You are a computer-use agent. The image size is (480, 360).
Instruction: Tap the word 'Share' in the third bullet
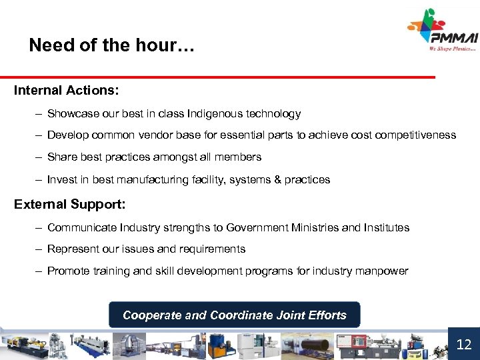coord(61,157)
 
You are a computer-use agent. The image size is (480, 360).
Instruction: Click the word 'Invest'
coord(61,179)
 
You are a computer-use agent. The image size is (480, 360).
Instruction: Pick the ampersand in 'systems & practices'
coord(277,179)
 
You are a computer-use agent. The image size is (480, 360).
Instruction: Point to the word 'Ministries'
coord(315,228)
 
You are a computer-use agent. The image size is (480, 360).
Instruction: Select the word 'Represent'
coord(72,249)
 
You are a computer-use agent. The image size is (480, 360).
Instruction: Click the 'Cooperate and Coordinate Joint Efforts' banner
coord(234,315)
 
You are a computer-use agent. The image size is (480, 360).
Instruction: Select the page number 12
coord(463,344)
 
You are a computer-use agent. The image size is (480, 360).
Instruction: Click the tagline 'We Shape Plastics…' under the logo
coord(453,48)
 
